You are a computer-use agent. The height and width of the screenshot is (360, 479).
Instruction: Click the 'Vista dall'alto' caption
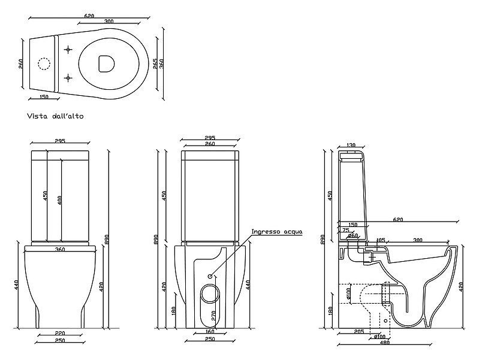coord(55,116)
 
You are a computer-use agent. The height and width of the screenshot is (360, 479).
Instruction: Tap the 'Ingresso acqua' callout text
coord(277,231)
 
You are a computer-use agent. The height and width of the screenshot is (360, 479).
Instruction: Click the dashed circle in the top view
coord(44,64)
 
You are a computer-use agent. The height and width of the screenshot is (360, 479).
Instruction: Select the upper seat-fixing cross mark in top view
coord(68,50)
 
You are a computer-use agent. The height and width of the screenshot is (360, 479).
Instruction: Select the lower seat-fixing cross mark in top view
coord(68,78)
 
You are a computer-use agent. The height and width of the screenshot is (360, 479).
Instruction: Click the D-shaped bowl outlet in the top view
coord(107,64)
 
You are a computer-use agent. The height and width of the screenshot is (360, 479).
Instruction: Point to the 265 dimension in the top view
coord(155,63)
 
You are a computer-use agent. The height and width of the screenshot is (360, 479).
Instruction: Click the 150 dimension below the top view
coord(44,97)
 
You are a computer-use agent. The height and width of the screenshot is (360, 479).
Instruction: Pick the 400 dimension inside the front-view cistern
coord(60,200)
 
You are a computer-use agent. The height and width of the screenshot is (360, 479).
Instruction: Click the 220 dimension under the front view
coord(60,334)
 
